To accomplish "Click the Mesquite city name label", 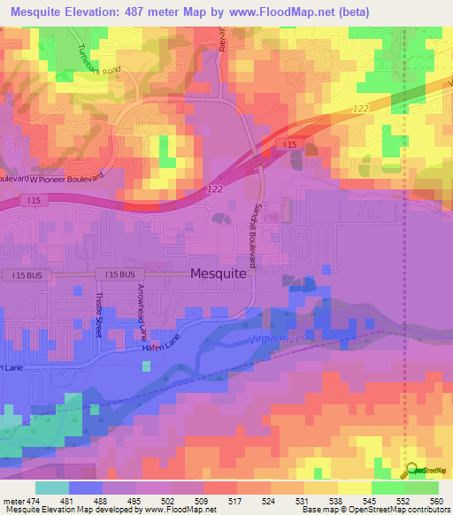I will [x=219, y=274].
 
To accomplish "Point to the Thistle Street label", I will [x=99, y=310].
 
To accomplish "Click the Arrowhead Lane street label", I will [x=142, y=313].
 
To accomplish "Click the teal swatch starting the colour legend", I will [x=52, y=487].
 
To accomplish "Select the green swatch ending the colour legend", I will [x=422, y=487].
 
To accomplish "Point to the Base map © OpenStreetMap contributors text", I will [x=372, y=510].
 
